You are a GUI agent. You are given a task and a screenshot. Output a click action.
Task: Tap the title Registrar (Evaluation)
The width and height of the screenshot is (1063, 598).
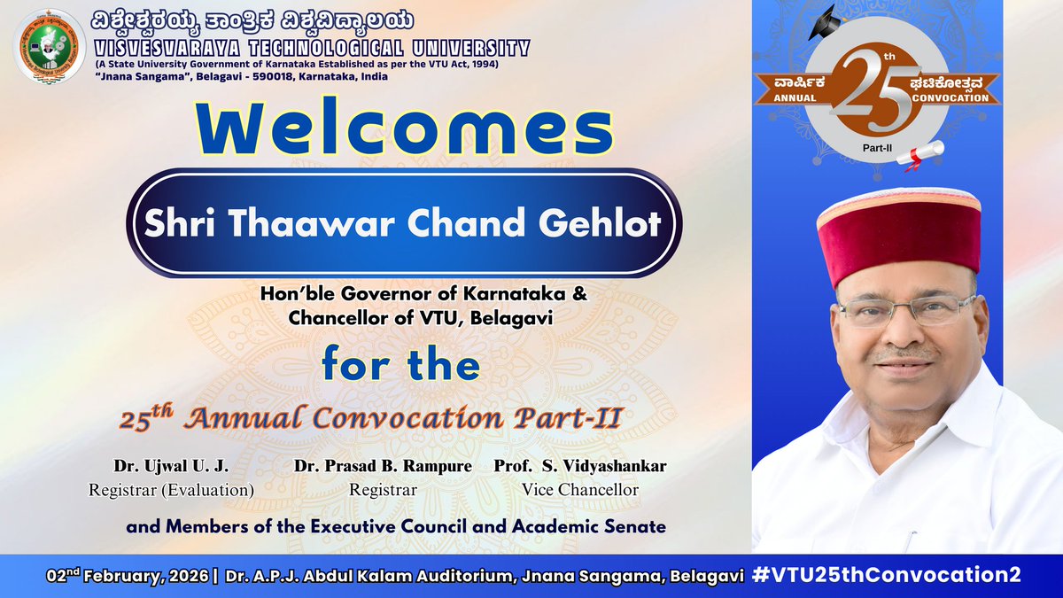coord(171,489)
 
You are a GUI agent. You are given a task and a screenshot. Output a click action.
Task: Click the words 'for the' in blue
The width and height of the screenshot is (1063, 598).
coord(400,364)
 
